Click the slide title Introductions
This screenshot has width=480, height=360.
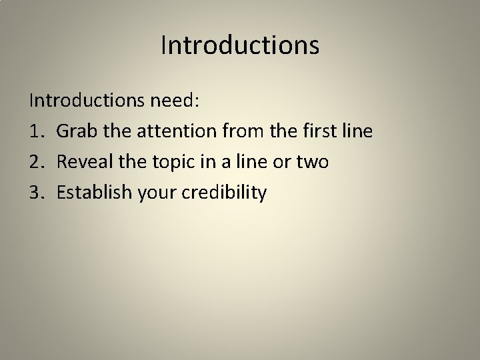click(240, 45)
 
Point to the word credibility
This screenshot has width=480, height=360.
click(225, 193)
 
